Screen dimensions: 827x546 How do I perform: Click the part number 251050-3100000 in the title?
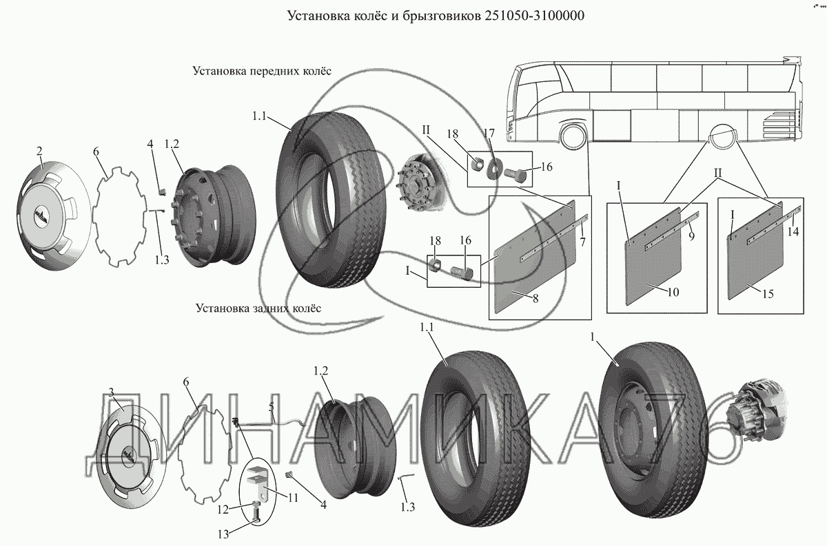[x=533, y=16]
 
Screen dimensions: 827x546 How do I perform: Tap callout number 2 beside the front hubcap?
[x=39, y=151]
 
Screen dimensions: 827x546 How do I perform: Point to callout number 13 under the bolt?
[x=223, y=534]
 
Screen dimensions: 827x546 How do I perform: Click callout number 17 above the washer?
[x=489, y=133]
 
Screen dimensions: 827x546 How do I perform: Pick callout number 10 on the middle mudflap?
[x=673, y=292]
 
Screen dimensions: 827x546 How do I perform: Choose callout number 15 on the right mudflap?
[x=768, y=294]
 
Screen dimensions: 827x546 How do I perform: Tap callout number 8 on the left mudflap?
[x=535, y=298]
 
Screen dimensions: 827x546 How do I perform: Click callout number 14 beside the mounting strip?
[x=793, y=231]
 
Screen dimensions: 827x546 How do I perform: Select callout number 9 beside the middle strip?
[x=691, y=235]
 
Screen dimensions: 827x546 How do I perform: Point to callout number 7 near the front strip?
[x=582, y=242]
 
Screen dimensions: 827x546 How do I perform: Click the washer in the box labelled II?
[x=493, y=169]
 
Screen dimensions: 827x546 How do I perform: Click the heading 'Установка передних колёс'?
[x=262, y=71]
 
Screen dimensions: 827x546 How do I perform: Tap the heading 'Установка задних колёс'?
[x=258, y=308]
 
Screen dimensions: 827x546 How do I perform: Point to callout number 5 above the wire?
[x=272, y=408]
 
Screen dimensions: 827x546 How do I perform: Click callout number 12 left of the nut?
[x=223, y=510]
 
